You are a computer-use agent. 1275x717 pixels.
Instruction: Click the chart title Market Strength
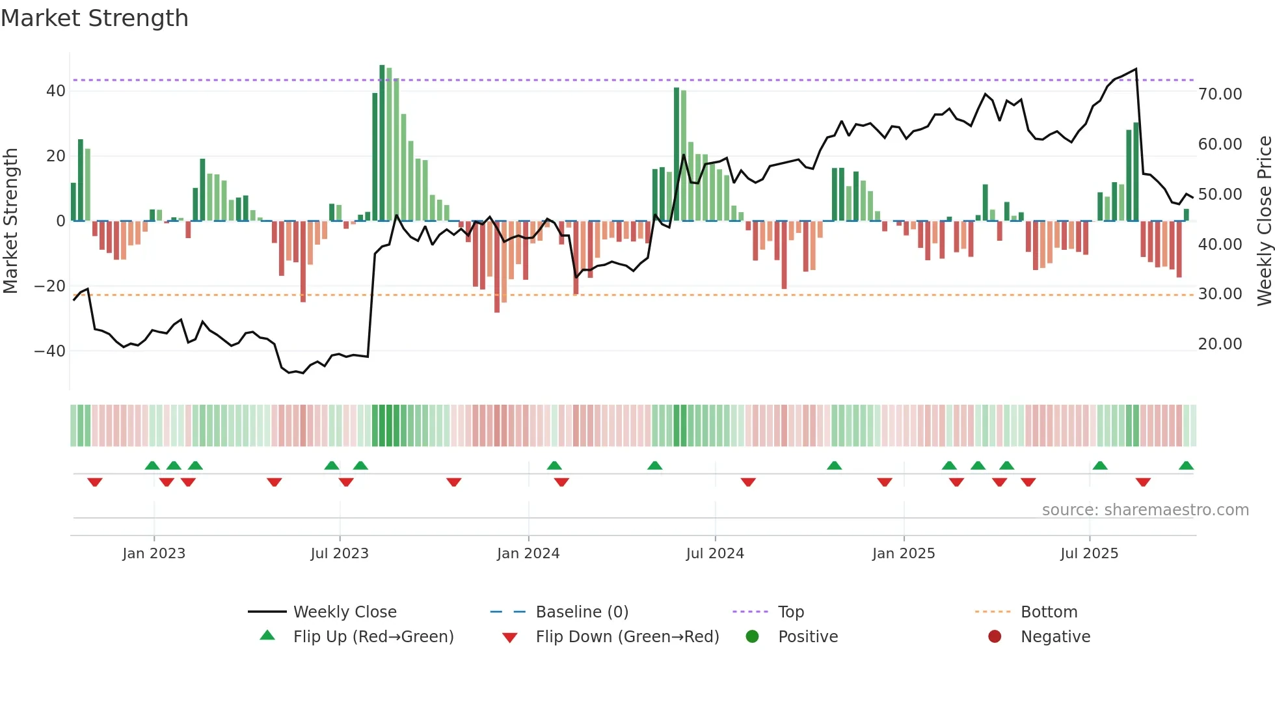[94, 18]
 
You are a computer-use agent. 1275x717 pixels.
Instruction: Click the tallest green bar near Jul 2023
[382, 143]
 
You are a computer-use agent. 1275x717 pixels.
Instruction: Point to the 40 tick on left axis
[56, 91]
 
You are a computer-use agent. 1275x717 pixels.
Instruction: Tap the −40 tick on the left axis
[50, 351]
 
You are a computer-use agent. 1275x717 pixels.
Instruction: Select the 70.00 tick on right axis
[1220, 94]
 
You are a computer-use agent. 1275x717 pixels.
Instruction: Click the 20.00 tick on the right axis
[1220, 344]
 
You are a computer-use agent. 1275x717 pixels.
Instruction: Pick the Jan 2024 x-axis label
[528, 554]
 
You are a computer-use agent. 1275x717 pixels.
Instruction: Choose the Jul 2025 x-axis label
[1089, 554]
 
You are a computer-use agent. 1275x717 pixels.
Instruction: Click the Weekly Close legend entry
[344, 612]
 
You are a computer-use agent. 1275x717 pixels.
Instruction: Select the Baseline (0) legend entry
[582, 612]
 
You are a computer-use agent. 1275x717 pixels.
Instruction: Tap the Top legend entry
[790, 612]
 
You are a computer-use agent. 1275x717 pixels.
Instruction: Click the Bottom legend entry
[1049, 612]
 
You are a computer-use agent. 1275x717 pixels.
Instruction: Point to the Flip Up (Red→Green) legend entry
[373, 637]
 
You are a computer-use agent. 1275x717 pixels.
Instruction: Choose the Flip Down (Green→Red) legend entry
[627, 637]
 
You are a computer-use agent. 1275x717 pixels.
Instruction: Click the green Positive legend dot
[753, 637]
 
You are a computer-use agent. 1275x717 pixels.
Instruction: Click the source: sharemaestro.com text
[1145, 510]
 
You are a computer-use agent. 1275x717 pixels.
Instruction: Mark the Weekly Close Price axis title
[1264, 221]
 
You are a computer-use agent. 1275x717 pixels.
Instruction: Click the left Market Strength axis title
[10, 221]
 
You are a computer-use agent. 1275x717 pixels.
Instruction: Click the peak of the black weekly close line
[1136, 69]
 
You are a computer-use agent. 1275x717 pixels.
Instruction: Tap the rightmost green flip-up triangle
[1186, 466]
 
